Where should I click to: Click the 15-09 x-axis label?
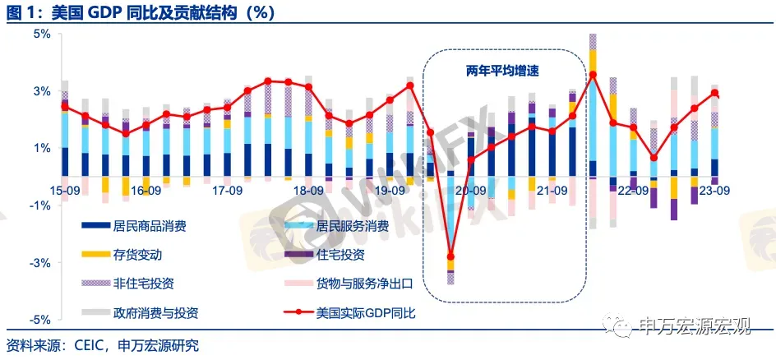click(x=64, y=190)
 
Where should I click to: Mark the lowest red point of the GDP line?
click(x=450, y=258)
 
